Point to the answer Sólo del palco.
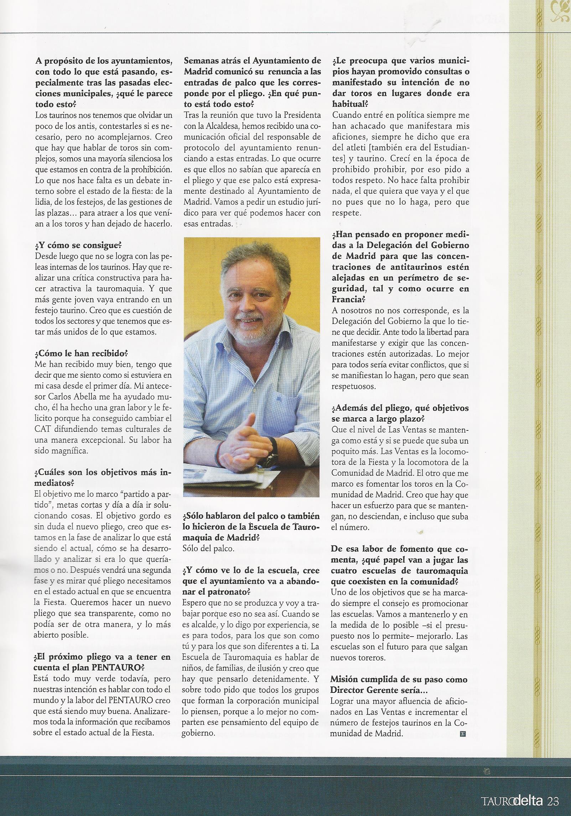[208, 558]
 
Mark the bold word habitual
[350, 104]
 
